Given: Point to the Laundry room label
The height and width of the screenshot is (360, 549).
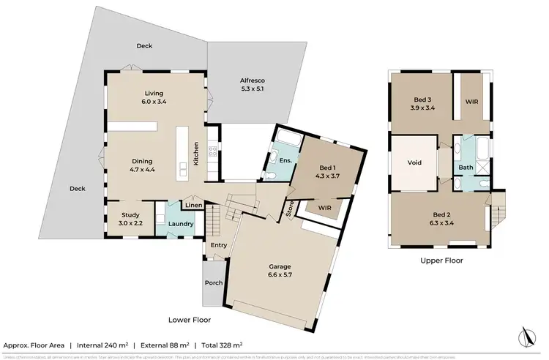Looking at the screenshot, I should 179,225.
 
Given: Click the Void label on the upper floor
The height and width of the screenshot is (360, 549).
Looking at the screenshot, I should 415,162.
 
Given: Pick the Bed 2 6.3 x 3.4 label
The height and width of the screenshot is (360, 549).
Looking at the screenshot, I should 437,219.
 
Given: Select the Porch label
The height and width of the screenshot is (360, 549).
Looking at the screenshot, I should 214,284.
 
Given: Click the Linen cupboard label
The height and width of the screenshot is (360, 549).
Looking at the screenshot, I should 193,205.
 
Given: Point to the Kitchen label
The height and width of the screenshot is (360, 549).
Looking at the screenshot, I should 195,151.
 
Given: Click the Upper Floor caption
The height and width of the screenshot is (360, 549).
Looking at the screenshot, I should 441,260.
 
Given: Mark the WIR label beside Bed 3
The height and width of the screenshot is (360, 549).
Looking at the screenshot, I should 471,102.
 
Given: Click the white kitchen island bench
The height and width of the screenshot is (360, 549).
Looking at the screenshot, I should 181,154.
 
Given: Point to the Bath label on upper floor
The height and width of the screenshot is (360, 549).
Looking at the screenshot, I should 466,167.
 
